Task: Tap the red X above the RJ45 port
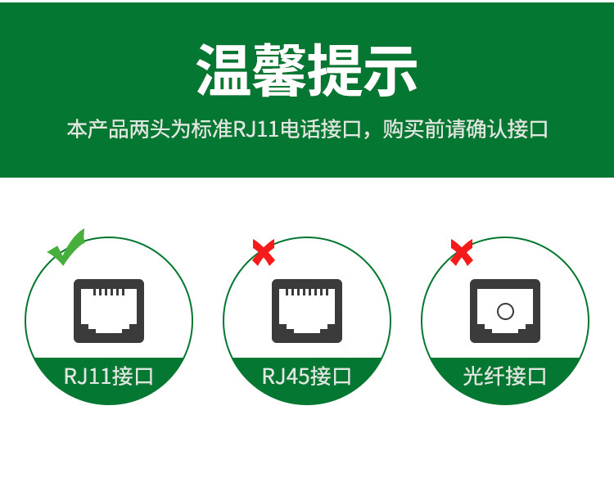pos(264,253)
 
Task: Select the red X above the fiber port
pos(462,253)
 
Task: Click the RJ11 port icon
pos(109,311)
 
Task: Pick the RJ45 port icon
pos(307,311)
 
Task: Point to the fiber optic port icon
pos(505,311)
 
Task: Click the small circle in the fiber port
pos(505,312)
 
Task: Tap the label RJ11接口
pos(108,377)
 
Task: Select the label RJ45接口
pos(307,377)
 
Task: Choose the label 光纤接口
pos(505,377)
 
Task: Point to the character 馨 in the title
pos(279,70)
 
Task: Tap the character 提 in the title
pos(334,70)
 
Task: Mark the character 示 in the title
pos(390,70)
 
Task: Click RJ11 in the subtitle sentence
pos(255,129)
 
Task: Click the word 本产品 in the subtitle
pos(98,129)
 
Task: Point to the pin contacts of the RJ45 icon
pos(307,292)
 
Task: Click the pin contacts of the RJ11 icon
pos(109,292)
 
